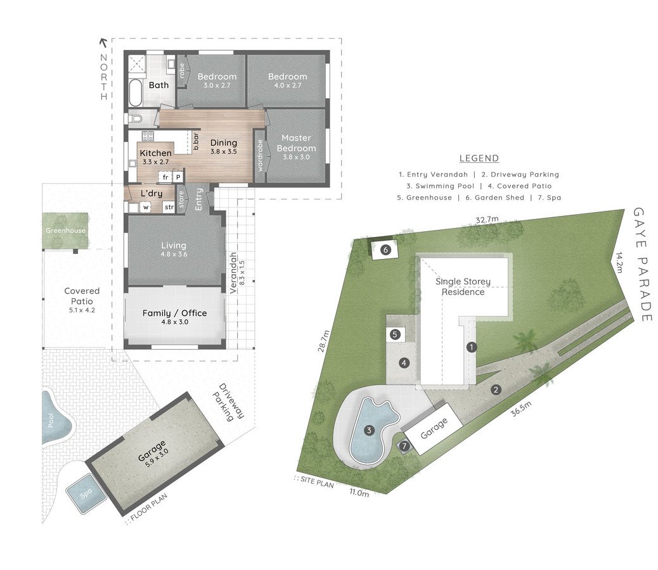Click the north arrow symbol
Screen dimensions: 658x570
tap(103, 42)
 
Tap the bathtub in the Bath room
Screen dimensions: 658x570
tap(135, 92)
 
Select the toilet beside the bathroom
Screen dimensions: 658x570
tap(136, 119)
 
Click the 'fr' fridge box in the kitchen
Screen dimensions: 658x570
tap(165, 177)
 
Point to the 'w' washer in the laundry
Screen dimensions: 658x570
tap(146, 207)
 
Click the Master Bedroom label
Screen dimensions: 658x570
tap(296, 143)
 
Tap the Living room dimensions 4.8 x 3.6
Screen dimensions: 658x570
tap(174, 255)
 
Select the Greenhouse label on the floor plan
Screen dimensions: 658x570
tap(65, 231)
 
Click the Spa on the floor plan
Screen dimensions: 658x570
tap(86, 494)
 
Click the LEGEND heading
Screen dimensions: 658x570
tap(479, 158)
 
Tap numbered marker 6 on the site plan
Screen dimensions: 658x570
tap(385, 250)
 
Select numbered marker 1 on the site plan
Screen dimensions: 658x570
tap(472, 347)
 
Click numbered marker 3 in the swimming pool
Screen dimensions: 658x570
tap(369, 430)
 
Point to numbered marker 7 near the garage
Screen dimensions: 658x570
tap(404, 446)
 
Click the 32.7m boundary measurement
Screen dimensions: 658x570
tap(487, 219)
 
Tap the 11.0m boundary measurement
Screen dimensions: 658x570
tap(359, 493)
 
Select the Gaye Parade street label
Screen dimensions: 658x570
tap(642, 265)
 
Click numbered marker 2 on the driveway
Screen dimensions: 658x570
tap(496, 389)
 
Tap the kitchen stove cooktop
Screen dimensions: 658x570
tap(148, 136)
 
